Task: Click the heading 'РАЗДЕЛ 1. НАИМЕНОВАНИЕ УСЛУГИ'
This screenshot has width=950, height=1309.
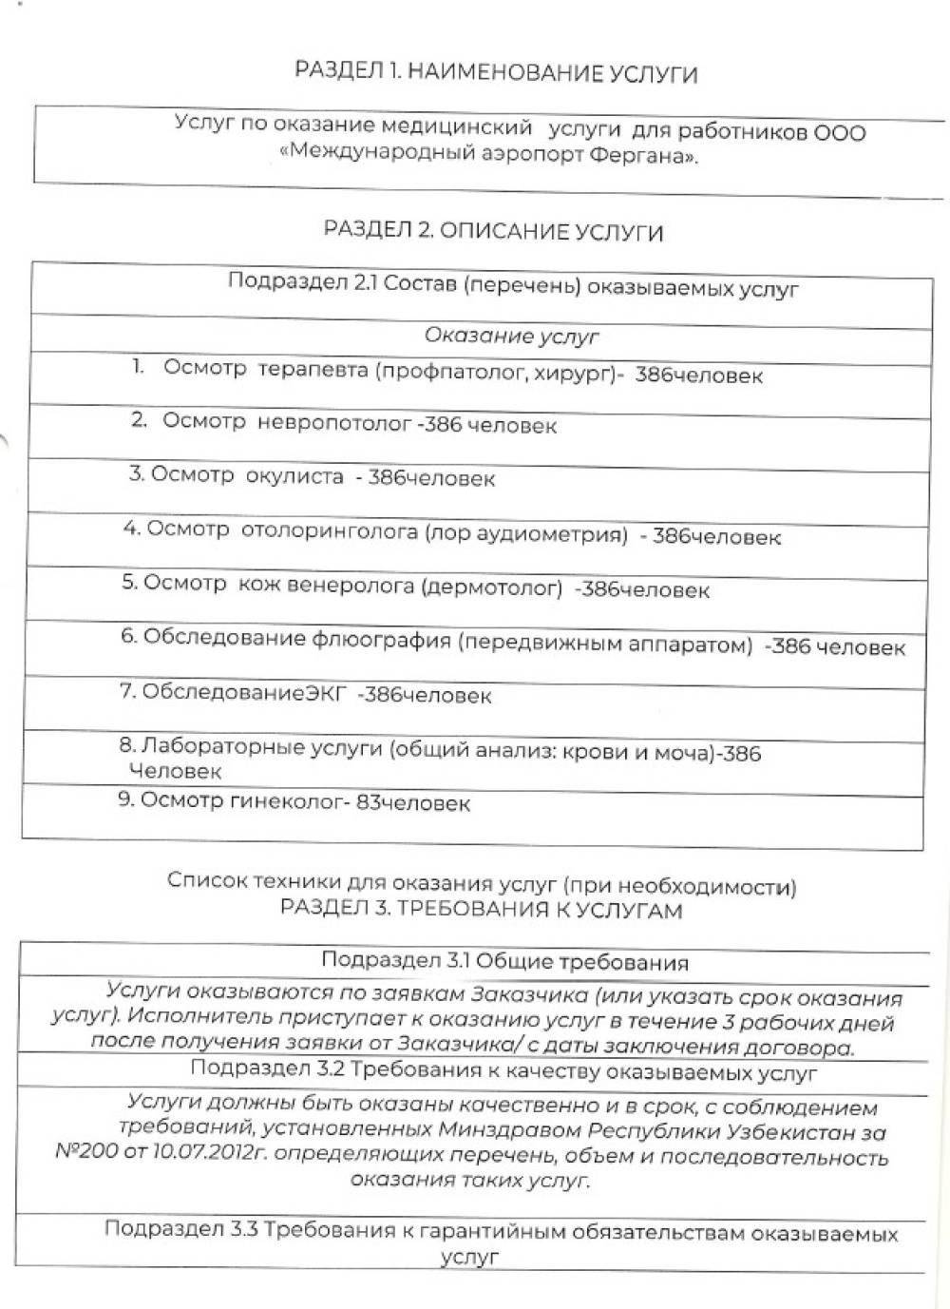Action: [x=496, y=72]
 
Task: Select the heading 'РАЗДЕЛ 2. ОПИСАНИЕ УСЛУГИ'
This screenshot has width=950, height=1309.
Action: [x=493, y=231]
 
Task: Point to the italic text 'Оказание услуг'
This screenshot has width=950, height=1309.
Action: [x=511, y=336]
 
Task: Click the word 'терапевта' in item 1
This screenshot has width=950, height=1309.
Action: [x=313, y=370]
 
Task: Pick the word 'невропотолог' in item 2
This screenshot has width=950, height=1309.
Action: [x=334, y=423]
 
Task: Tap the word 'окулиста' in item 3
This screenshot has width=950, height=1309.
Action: [x=294, y=476]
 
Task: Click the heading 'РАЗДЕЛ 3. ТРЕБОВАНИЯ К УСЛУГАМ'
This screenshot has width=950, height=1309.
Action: [x=481, y=909]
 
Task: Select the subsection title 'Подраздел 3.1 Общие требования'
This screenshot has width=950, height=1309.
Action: [x=504, y=961]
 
